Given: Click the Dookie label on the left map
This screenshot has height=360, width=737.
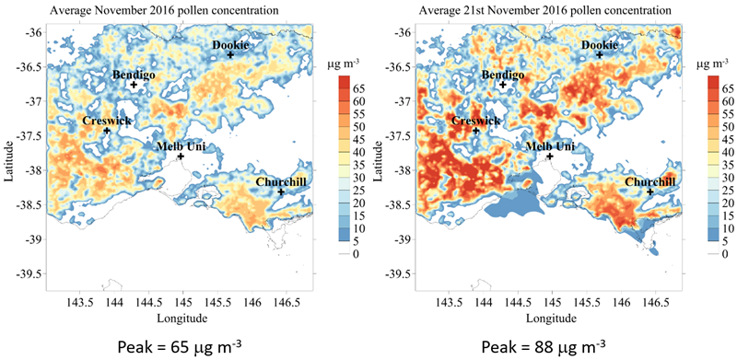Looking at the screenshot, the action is pyautogui.click(x=230, y=45).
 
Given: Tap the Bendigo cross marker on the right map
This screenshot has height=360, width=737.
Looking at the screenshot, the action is pyautogui.click(x=503, y=85).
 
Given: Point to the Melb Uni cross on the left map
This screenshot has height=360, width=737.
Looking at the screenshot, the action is pyautogui.click(x=181, y=157).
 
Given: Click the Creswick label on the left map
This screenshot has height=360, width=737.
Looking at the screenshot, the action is pyautogui.click(x=107, y=121).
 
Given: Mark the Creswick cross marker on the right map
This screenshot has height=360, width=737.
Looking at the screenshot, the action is pyautogui.click(x=475, y=131).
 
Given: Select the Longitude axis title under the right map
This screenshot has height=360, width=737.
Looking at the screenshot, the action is pyautogui.click(x=551, y=319).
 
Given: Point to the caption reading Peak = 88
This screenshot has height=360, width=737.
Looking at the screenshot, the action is pyautogui.click(x=544, y=347).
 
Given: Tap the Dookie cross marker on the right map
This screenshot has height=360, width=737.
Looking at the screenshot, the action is pyautogui.click(x=600, y=54).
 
